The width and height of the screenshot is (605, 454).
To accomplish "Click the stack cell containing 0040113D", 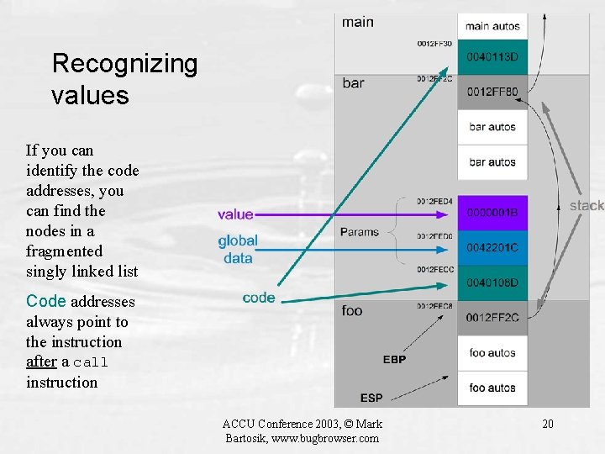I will click(x=492, y=57).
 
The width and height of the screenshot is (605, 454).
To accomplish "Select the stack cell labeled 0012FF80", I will click(x=492, y=92).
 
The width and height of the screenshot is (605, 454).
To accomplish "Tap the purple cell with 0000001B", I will click(x=492, y=213).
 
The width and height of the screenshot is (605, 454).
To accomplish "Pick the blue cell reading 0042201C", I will click(x=492, y=247).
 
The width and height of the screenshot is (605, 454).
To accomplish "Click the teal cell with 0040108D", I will click(x=492, y=282).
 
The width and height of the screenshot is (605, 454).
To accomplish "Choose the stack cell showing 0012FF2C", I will click(x=492, y=317).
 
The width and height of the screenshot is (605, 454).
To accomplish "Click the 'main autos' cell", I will click(x=492, y=26).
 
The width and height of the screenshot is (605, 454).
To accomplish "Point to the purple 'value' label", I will click(x=235, y=214).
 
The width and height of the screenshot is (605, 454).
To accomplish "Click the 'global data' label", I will click(x=238, y=249).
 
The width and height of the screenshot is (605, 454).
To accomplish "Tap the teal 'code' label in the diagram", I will click(x=259, y=297).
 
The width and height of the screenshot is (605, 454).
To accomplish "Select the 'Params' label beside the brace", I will click(x=360, y=232).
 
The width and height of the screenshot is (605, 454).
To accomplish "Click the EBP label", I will click(x=394, y=360).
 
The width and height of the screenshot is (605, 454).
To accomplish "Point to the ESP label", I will click(x=371, y=397).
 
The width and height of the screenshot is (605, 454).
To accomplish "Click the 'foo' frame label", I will click(x=352, y=311).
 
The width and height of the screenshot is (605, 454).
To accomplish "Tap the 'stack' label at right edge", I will click(x=587, y=205).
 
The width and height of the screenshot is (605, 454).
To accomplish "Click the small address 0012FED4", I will click(x=434, y=202).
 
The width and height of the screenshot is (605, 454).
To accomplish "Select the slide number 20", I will click(x=548, y=423).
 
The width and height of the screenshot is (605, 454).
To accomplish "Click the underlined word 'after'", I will click(x=41, y=362).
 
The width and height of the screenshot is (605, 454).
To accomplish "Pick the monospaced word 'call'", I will click(x=92, y=362).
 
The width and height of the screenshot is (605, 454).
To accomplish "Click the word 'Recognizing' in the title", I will click(x=124, y=63).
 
